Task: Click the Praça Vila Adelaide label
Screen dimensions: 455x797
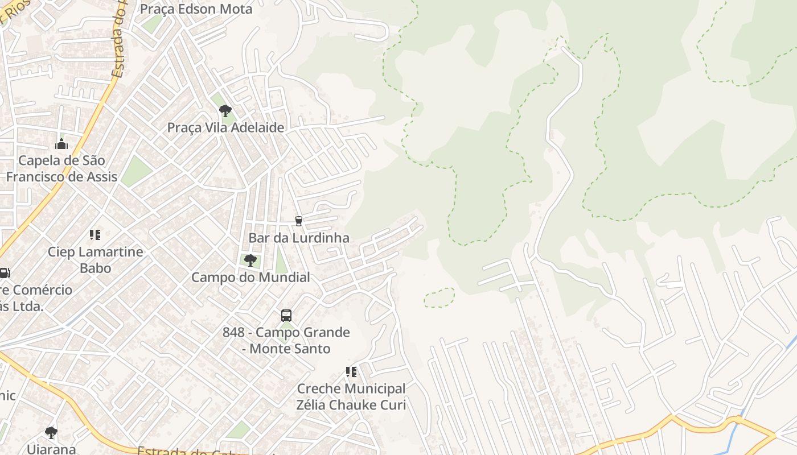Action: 225,127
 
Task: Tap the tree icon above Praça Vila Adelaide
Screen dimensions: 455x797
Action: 225,110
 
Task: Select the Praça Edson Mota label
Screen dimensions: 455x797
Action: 196,9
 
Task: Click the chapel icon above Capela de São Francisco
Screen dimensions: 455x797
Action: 61,144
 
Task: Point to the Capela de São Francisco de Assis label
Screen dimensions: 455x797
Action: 61,168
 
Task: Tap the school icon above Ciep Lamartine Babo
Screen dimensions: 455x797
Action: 95,234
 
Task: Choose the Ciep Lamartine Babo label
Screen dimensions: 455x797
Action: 95,259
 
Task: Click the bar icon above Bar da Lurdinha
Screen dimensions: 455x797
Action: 298,221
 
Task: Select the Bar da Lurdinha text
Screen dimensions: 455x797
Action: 299,238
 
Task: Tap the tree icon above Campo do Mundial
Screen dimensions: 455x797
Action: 250,260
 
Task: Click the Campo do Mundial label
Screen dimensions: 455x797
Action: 250,278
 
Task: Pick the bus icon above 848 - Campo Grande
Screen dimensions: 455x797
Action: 286,315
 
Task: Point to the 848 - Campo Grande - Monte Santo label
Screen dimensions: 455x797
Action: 286,340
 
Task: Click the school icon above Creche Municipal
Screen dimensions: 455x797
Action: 351,372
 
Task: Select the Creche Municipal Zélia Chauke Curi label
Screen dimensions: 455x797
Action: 351,397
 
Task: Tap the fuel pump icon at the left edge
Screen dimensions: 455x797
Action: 5,273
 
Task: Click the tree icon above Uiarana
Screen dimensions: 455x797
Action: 51,432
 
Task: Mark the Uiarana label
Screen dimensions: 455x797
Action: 51,449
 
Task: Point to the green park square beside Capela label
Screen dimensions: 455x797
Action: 136,171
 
